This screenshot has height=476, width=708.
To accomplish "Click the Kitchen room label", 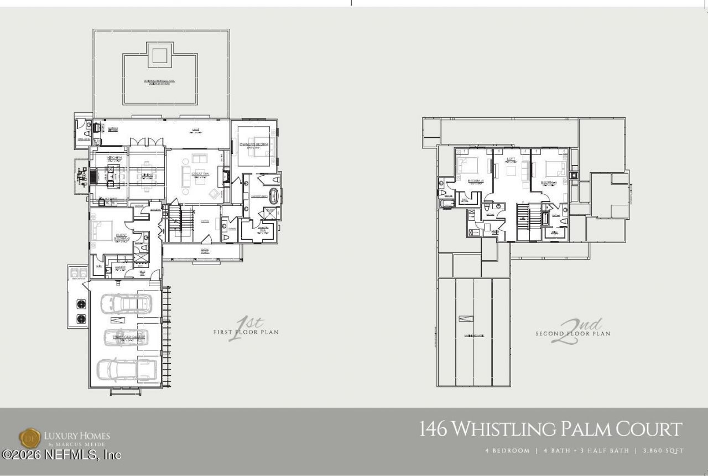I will click(x=114, y=158).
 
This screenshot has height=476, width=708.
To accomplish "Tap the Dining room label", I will click(x=147, y=175).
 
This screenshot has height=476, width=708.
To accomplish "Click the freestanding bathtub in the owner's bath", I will click(x=274, y=195).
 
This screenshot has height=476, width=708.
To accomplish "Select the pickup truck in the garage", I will click(x=126, y=369).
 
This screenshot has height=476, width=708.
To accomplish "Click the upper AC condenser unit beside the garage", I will click(x=81, y=304).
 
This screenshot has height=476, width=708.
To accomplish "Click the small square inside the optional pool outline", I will click(x=159, y=55).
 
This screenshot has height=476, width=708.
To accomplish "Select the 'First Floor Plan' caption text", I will click(x=246, y=332).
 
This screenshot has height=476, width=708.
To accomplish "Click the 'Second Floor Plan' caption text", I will click(x=572, y=334).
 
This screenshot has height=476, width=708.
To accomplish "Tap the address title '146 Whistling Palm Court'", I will click(x=550, y=429).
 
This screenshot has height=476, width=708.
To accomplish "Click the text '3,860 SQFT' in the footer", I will click(x=663, y=451).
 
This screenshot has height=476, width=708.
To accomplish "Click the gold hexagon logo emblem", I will click(x=30, y=438).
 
